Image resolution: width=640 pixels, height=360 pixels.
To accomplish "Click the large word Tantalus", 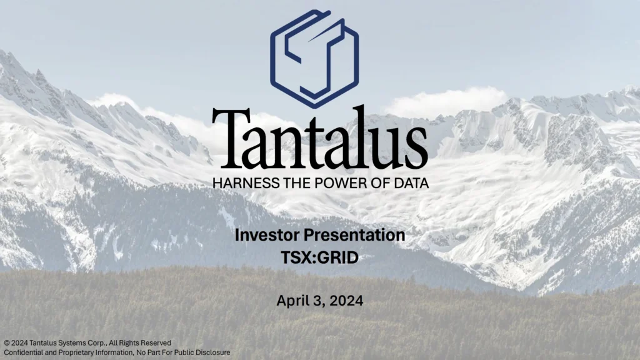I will [x=320, y=138].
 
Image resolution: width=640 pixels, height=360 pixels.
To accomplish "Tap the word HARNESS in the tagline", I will [x=240, y=183].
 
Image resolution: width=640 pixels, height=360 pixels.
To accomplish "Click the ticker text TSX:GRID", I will [x=320, y=256].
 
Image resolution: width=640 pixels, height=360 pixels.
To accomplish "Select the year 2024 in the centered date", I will [x=347, y=301].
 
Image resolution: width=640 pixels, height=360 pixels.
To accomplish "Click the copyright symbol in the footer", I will [x=6, y=343].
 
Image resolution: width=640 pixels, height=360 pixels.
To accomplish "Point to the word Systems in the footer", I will [x=77, y=343].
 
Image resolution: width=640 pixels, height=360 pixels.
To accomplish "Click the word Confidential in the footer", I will [x=23, y=352].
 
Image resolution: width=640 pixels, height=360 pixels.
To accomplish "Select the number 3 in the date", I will [x=317, y=301].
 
